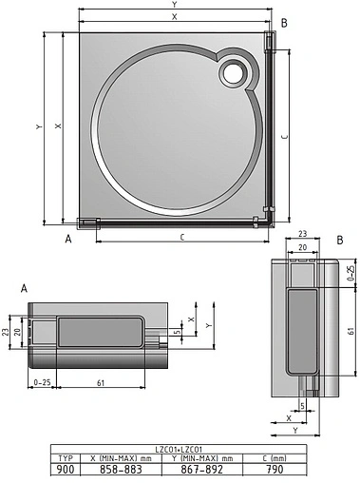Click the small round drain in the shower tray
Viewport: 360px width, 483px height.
tap(233, 72)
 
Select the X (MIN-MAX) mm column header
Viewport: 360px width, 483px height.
tap(127, 457)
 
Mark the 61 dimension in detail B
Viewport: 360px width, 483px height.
tap(350, 332)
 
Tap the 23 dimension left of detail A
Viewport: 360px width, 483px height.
tap(6, 332)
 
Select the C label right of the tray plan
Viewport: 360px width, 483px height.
tap(284, 136)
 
